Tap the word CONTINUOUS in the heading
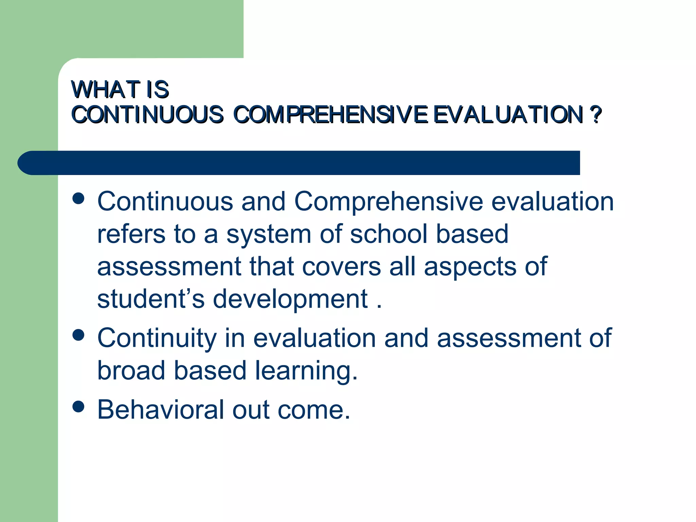pyautogui.click(x=147, y=115)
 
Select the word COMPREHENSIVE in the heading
pyautogui.click(x=330, y=115)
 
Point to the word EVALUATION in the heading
pyautogui.click(x=508, y=115)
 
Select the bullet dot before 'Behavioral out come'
pyautogui.click(x=79, y=406)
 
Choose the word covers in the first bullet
pyautogui.click(x=341, y=267)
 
